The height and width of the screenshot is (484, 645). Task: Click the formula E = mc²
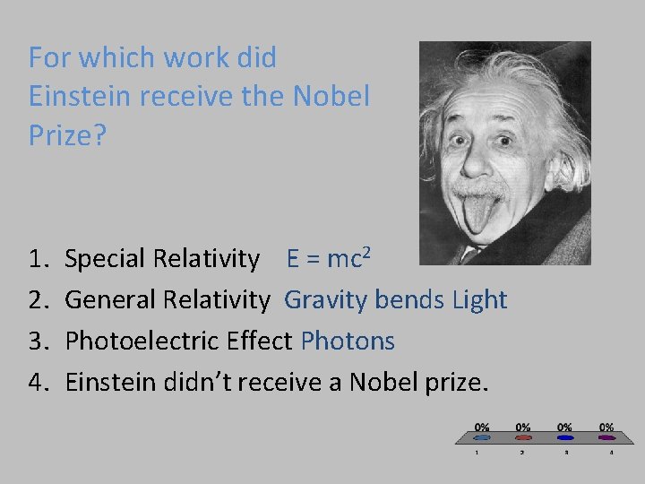329,259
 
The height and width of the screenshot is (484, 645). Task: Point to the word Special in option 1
107,260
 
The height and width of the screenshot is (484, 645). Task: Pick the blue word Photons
348,341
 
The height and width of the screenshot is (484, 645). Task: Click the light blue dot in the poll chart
482,438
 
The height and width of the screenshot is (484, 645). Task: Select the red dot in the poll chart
523,438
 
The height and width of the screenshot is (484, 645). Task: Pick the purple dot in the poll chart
606,438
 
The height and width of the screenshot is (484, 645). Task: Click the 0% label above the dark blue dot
565,427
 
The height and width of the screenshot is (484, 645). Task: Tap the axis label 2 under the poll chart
523,453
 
